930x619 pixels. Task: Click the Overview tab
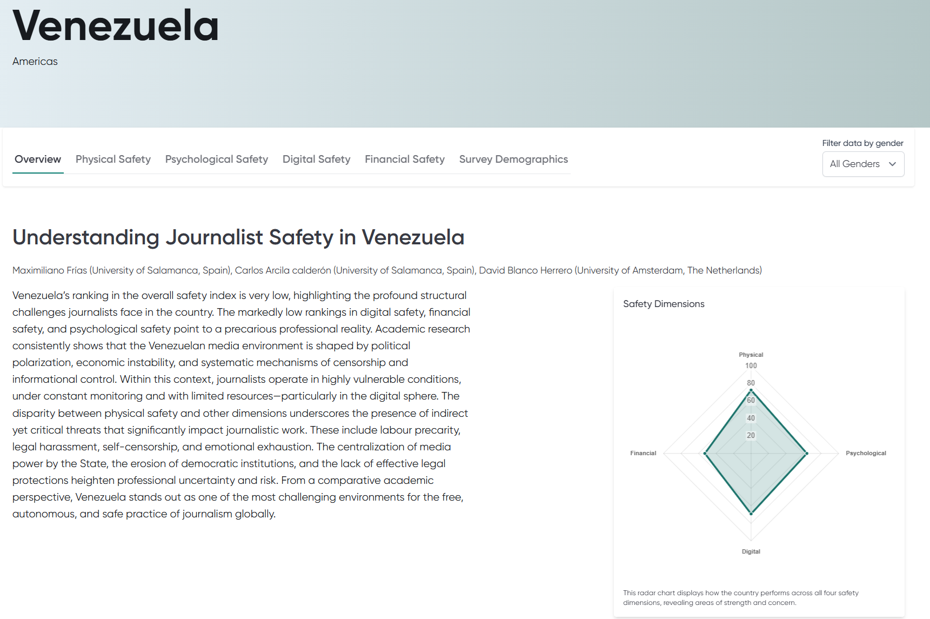point(38,159)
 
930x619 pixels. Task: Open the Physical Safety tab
point(113,159)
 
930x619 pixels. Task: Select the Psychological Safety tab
point(216,159)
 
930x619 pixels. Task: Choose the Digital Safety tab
point(316,159)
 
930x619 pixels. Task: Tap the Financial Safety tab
point(404,159)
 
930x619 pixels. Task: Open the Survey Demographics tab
point(513,159)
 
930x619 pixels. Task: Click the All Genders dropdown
point(863,164)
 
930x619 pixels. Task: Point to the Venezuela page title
point(116,26)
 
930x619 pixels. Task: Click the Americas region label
point(35,62)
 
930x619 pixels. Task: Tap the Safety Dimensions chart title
point(664,304)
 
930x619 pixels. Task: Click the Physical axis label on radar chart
point(751,355)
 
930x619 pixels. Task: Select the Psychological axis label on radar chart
point(866,453)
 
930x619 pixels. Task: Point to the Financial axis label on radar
point(643,453)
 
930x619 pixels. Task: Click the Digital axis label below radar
point(751,551)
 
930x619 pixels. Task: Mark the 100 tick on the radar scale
point(751,365)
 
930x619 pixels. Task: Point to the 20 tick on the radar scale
point(751,435)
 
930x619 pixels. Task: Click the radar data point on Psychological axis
point(807,454)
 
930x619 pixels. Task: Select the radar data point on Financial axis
point(705,454)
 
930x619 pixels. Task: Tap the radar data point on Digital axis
point(751,513)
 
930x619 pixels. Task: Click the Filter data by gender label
point(862,143)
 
